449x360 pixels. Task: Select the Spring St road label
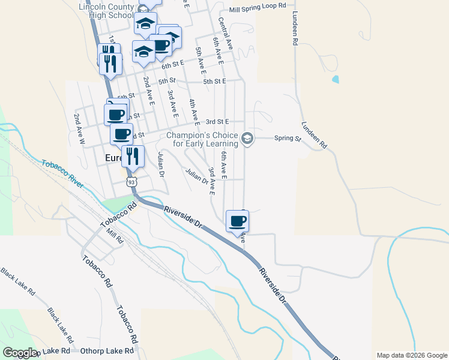(287, 139)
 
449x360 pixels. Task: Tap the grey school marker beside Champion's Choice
(247, 139)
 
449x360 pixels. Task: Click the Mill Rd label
(114, 235)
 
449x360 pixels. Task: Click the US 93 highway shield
(130, 181)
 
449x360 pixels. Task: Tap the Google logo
(20, 353)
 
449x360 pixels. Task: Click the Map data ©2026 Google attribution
(412, 355)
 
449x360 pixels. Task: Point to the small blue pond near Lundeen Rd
(335, 79)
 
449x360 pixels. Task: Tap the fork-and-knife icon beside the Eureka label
(132, 156)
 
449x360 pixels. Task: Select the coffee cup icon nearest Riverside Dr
(238, 221)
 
